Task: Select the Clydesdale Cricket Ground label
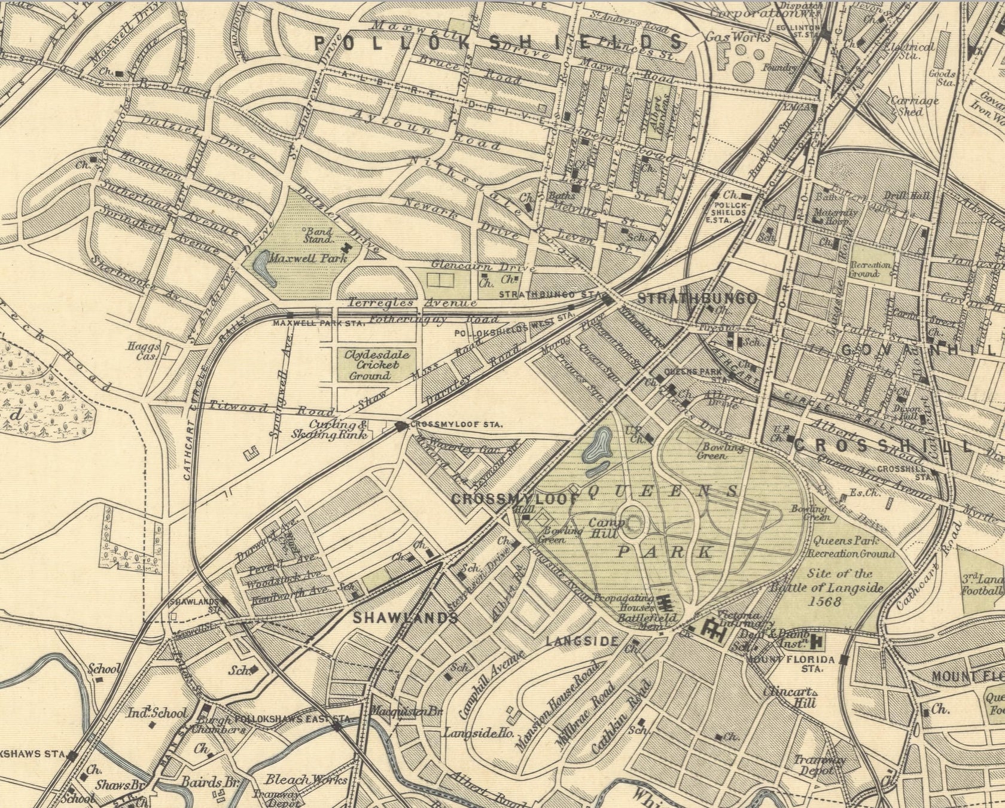[369, 365]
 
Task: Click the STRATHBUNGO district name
[697, 298]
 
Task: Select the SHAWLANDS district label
[405, 618]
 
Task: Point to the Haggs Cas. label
[144, 351]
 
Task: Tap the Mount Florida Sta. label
[791, 664]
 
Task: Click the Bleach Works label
[306, 779]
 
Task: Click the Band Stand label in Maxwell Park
[318, 234]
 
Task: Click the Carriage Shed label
[914, 105]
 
